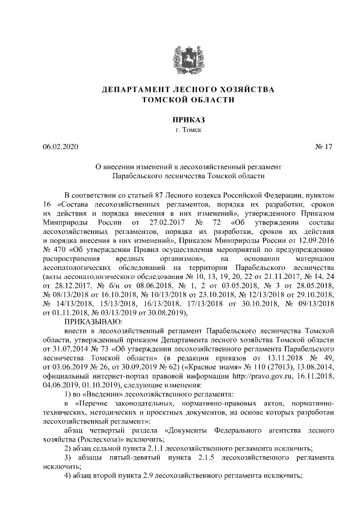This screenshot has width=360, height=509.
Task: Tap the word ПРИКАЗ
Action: click(180, 120)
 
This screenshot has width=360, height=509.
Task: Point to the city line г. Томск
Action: click(180, 130)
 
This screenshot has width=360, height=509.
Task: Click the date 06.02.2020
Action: click(61, 147)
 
